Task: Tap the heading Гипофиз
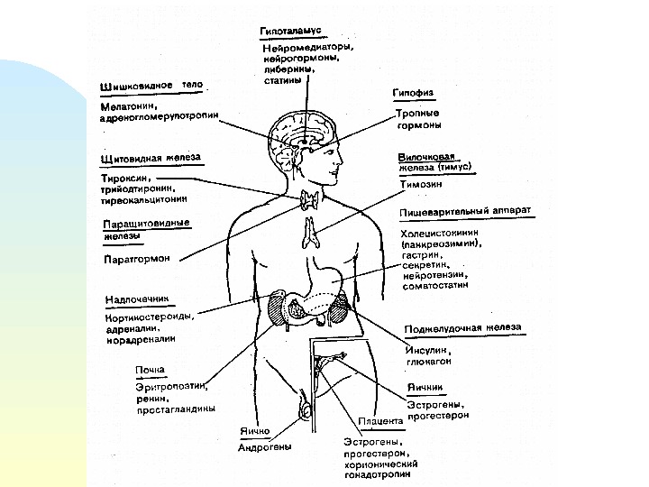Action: [415, 93]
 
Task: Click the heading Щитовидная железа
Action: [150, 157]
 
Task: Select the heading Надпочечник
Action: [135, 297]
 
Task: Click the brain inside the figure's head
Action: [306, 131]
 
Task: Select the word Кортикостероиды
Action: [150, 316]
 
